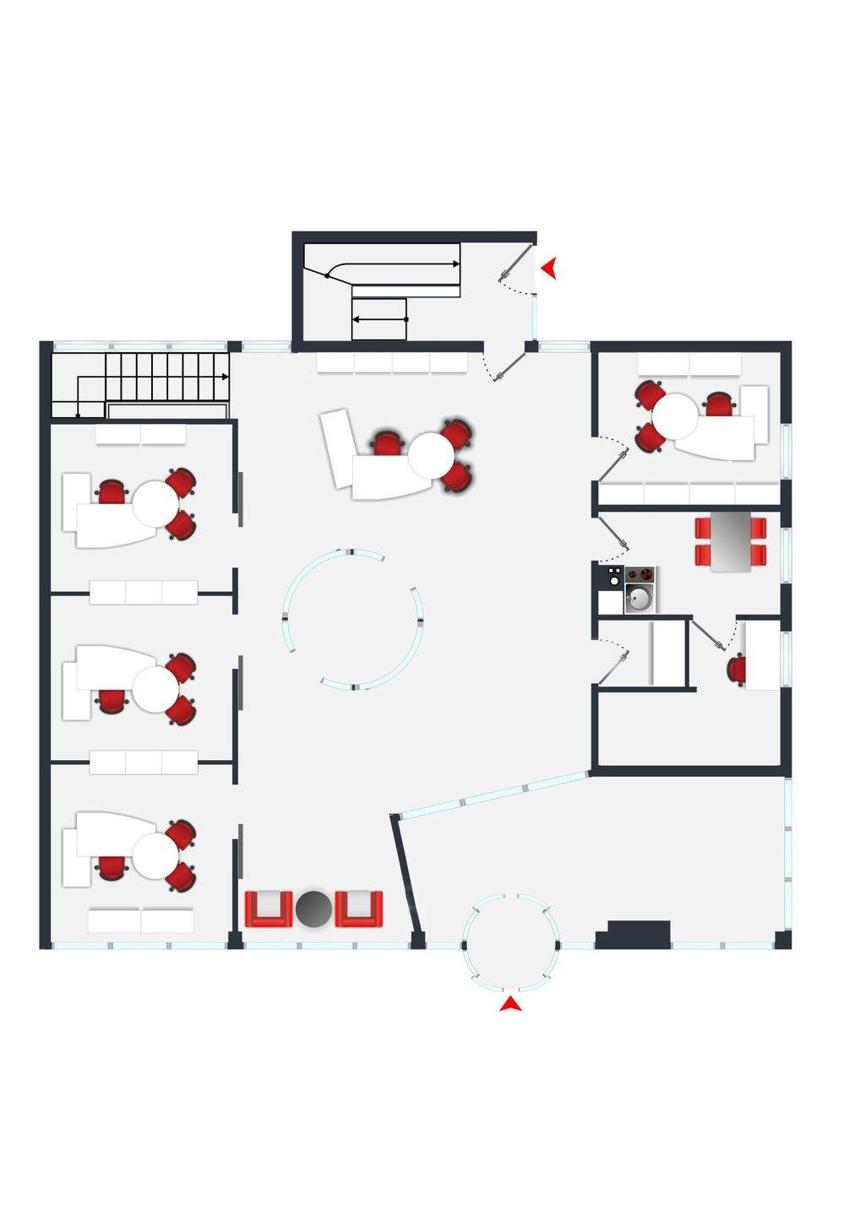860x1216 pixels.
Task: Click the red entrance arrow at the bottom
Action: coord(511,1004)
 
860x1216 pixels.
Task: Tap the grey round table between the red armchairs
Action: coord(313,909)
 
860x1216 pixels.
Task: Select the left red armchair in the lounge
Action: coord(269,909)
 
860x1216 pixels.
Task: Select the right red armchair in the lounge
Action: coord(359,909)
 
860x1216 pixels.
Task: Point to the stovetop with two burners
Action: coord(640,575)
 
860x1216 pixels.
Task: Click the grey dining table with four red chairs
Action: coord(731,542)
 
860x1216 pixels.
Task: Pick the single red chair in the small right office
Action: coord(737,670)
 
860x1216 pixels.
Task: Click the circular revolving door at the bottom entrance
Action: coord(511,942)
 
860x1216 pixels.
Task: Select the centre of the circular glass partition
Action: coord(351,619)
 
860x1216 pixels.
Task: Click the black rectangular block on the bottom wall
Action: coord(634,933)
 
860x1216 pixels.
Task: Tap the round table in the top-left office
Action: coord(155,503)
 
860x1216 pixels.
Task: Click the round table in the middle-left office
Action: coord(155,688)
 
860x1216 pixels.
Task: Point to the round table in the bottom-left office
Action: coord(155,855)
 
